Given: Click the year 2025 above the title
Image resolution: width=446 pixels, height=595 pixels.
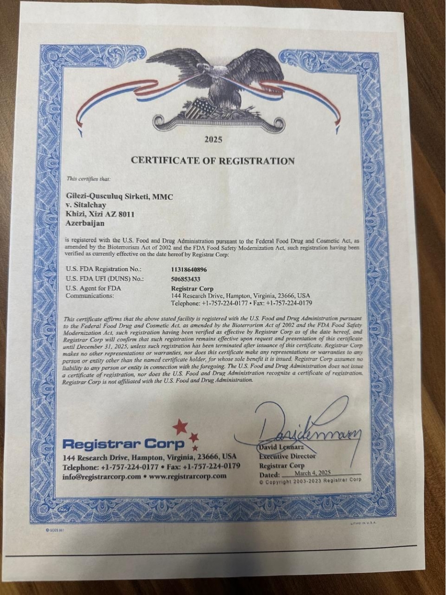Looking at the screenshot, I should click(x=213, y=140).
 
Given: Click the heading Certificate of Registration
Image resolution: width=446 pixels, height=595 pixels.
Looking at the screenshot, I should click(x=213, y=161).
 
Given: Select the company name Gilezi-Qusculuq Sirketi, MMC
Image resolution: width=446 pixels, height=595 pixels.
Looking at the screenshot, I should click(x=119, y=196).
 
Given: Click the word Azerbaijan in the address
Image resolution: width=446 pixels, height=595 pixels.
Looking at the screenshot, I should click(x=85, y=223).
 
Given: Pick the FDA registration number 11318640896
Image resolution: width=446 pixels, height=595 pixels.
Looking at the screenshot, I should click(x=189, y=270).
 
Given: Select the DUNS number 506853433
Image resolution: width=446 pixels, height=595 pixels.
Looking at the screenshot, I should click(x=186, y=279).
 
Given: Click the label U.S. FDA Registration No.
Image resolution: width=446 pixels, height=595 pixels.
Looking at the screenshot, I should click(x=103, y=269).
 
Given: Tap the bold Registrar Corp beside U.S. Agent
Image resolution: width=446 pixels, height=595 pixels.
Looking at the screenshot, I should click(x=192, y=288).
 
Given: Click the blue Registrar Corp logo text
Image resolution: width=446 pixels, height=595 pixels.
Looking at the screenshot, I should click(x=124, y=444).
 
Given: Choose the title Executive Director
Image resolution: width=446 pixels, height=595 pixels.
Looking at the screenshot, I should click(x=287, y=456).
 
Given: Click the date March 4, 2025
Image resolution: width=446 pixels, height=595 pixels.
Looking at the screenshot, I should click(x=312, y=473).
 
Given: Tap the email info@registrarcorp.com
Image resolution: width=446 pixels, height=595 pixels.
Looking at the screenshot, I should click(x=102, y=476).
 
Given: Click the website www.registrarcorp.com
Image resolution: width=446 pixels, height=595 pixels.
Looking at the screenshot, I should click(x=188, y=476).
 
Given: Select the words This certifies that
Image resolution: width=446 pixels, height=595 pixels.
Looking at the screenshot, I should click(x=88, y=179).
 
